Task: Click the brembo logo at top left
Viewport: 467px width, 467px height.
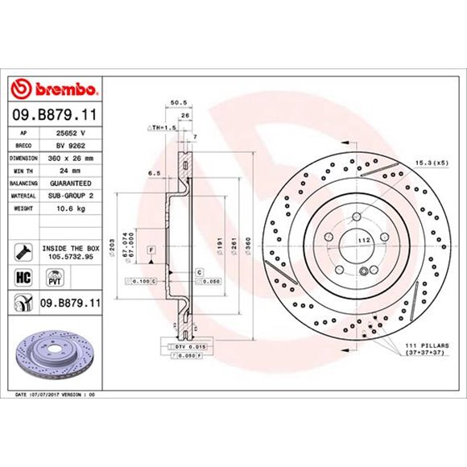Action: [52, 87]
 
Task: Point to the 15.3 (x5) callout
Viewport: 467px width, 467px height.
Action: [432, 163]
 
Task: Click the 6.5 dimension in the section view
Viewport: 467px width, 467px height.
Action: [152, 173]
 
